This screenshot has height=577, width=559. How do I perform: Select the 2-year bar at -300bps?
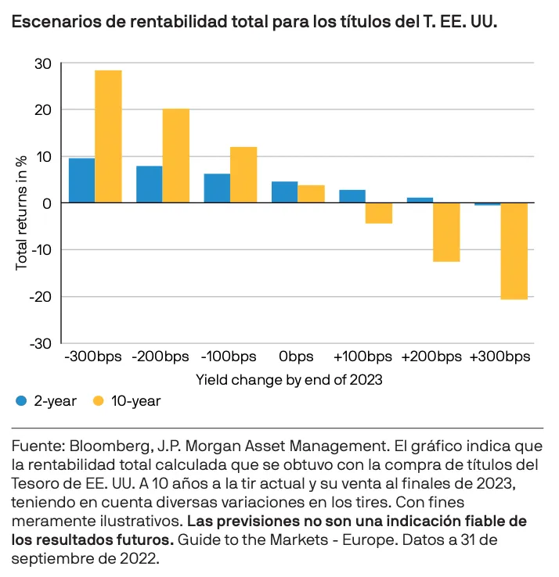81,181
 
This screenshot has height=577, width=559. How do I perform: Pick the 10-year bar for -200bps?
175,156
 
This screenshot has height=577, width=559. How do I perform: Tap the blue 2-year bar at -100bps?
217,188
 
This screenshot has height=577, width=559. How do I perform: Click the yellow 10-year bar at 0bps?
311,194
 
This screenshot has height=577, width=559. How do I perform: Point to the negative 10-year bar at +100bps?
378,213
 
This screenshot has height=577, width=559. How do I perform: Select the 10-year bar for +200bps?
446,232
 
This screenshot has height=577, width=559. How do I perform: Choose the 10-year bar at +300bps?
514,251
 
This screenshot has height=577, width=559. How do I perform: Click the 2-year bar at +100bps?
352,196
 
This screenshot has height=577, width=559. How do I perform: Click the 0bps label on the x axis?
297,357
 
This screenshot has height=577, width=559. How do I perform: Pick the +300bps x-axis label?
500,357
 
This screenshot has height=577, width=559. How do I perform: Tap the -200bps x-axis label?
162,357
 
